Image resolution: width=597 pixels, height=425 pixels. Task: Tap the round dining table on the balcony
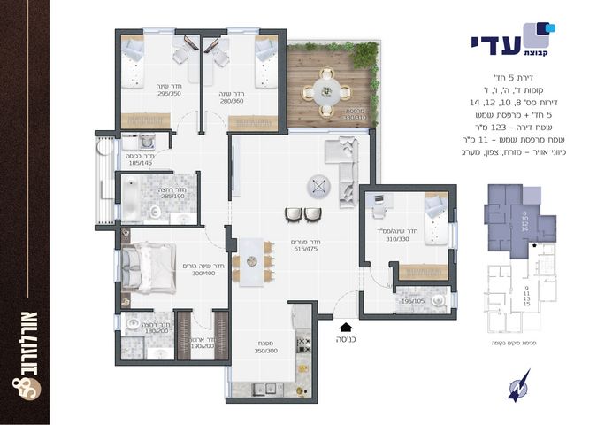tap(324, 91)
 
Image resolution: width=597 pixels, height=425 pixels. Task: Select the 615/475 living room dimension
tap(306, 250)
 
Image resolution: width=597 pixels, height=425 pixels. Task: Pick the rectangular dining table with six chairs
tap(253, 261)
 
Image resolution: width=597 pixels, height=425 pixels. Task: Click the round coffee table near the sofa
tap(319, 187)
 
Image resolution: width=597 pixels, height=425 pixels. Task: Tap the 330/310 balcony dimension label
tap(331, 115)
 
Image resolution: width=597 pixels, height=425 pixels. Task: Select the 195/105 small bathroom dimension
tap(413, 300)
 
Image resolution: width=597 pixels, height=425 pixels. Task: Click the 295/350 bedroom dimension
tap(169, 92)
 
